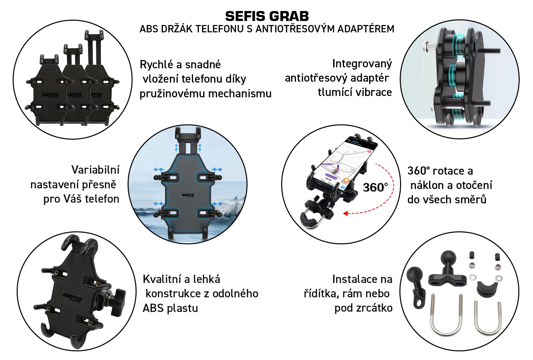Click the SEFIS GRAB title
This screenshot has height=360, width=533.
[x=267, y=16]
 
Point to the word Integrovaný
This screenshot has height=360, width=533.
[x=362, y=64]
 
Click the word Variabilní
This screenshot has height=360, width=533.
[x=95, y=170]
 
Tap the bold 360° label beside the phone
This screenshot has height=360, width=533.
[x=375, y=187]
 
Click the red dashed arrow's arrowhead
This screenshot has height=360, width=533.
[x=345, y=213]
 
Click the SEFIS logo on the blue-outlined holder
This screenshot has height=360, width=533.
[x=188, y=195]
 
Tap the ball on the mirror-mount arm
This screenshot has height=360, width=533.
[x=414, y=275]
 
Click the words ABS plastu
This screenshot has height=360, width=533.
[x=170, y=308]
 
